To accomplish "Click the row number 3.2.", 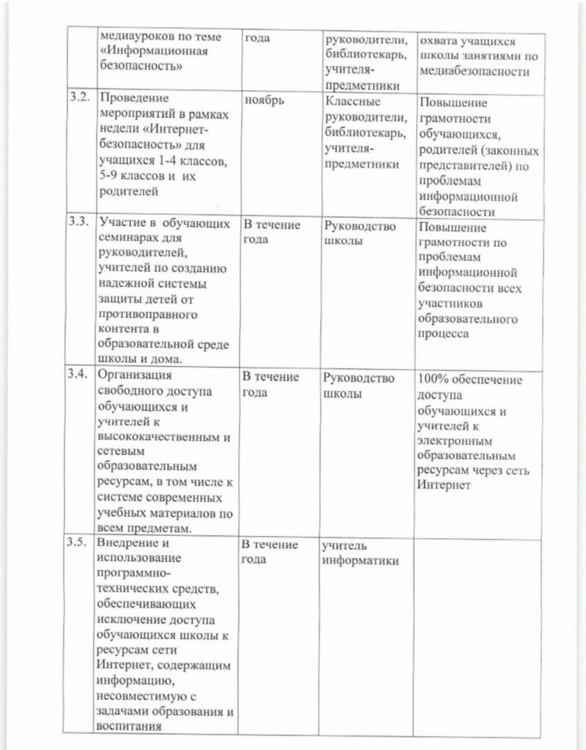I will [79, 97].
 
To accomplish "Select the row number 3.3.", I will [79, 222].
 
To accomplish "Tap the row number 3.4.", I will [79, 374].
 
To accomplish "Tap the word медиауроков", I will [136, 37].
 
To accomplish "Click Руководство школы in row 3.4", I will [359, 385].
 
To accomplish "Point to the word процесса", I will [444, 333].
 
